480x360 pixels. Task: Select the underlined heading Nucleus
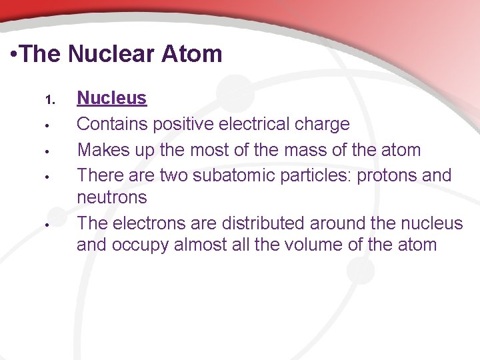tap(111, 98)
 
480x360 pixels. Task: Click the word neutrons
tap(112, 197)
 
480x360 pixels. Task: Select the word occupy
tap(141, 245)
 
